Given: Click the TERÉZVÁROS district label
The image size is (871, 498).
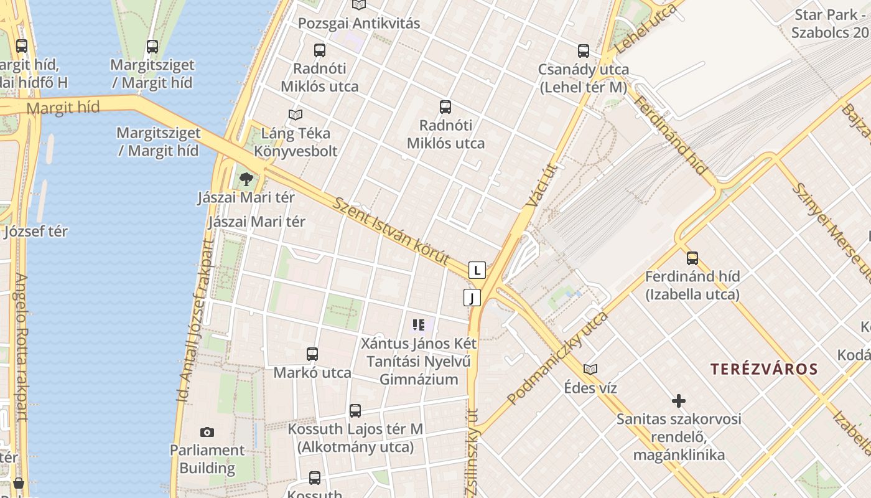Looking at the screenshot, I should (x=764, y=369).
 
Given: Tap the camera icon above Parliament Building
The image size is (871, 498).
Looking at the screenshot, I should (x=207, y=432).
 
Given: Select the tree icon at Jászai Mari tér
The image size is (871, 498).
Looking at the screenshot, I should (x=246, y=180).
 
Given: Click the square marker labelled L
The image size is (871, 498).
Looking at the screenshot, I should (x=477, y=270).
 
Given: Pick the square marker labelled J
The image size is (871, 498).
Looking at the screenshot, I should (x=472, y=298).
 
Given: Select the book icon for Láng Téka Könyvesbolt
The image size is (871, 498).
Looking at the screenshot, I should (x=296, y=115).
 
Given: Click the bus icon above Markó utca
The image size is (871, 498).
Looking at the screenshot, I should (x=312, y=354).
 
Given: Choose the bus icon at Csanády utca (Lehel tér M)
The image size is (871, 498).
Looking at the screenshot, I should (x=583, y=51).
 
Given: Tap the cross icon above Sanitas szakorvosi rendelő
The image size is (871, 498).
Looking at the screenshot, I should (x=679, y=401).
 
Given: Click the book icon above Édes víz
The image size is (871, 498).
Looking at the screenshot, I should (x=590, y=369).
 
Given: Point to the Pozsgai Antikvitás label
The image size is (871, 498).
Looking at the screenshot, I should (x=359, y=24).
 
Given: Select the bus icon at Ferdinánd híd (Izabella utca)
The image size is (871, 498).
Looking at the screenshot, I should (x=692, y=258).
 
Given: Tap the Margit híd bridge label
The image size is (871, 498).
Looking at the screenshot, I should (x=63, y=108).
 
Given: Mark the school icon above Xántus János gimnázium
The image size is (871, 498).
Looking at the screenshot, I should (x=419, y=325).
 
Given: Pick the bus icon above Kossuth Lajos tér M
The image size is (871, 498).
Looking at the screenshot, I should (x=355, y=411).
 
